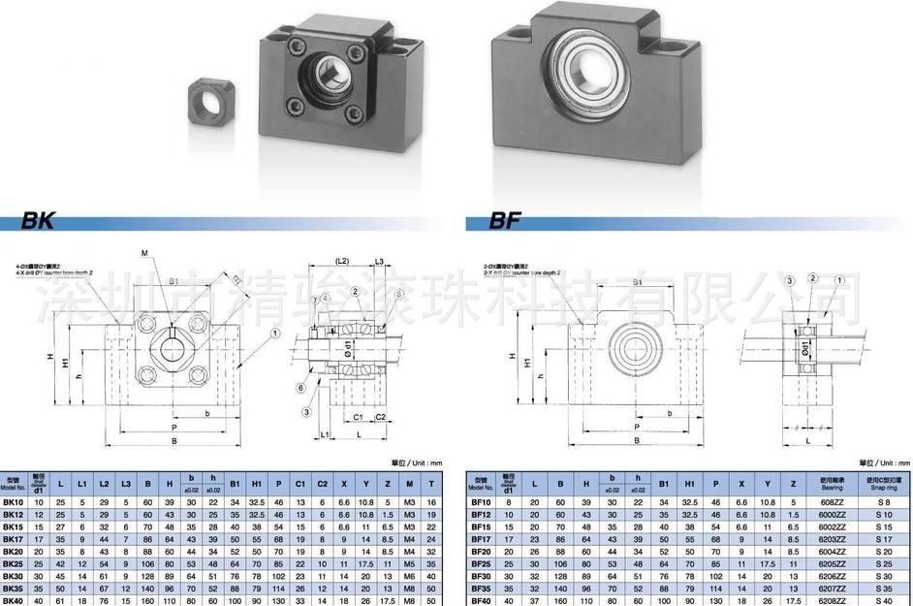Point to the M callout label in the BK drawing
(x=144, y=255)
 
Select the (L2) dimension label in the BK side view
(x=342, y=262)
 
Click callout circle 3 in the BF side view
(x=790, y=280)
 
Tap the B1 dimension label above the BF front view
(x=637, y=282)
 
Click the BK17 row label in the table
(x=14, y=537)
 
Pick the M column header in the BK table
(x=409, y=483)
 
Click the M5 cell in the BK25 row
(x=409, y=562)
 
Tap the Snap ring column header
(x=884, y=483)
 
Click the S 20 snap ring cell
(x=884, y=550)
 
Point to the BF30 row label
(x=481, y=575)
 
